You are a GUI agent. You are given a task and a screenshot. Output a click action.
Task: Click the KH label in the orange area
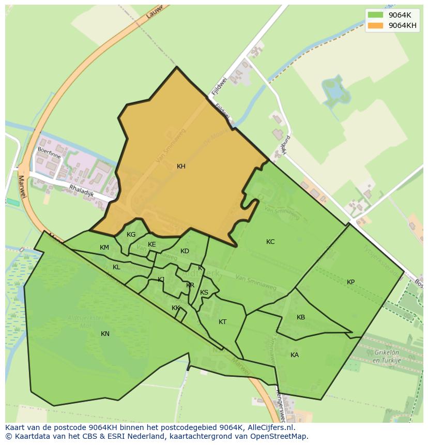click(x=181, y=166)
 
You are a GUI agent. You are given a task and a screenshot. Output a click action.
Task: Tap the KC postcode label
click(x=270, y=242)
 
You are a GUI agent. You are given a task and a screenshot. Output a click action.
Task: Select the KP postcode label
click(x=351, y=282)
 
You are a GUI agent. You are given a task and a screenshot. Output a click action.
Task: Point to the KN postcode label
click(x=105, y=334)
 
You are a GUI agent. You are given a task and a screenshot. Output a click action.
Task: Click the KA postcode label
click(x=295, y=355)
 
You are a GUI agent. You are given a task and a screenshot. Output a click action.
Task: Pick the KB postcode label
click(x=301, y=317)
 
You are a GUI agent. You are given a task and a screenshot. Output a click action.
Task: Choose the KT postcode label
click(x=222, y=322)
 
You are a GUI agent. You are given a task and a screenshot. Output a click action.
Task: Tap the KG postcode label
click(x=131, y=235)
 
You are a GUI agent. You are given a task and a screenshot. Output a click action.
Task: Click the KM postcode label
click(x=104, y=248)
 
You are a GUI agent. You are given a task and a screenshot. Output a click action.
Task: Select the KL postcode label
click(x=116, y=267)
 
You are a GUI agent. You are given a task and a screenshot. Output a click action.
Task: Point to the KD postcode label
click(x=185, y=251)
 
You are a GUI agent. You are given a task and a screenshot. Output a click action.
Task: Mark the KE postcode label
click(x=152, y=244)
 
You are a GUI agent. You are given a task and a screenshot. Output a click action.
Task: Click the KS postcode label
click(x=204, y=293)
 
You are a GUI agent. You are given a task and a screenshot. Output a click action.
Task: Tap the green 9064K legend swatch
click(x=375, y=14)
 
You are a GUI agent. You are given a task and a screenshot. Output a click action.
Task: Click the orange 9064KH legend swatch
click(x=375, y=25)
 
